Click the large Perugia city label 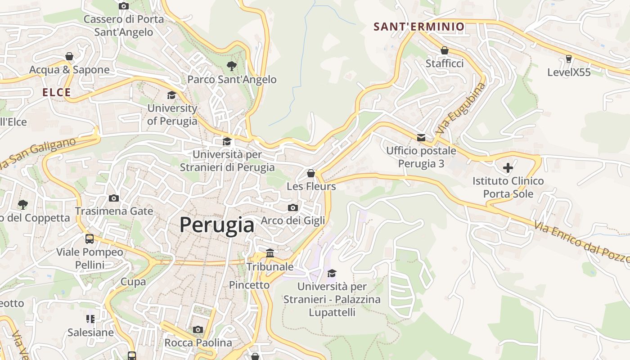point(216,225)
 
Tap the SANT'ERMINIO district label point(419,27)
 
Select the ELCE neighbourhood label point(57,93)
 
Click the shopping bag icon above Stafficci point(445,50)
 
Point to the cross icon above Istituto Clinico point(508,168)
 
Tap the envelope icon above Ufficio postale point(421,138)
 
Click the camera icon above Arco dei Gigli point(293,207)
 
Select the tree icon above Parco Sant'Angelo point(232,67)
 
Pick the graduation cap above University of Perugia point(171,95)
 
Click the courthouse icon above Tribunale point(270,253)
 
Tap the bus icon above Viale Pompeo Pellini point(90,239)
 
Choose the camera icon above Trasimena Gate point(114,198)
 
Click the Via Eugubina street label point(461,109)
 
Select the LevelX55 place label point(569,72)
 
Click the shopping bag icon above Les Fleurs point(310,173)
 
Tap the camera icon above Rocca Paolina point(198,330)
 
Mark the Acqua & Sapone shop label point(69,70)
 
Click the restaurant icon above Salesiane point(90,319)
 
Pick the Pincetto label point(249,285)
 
